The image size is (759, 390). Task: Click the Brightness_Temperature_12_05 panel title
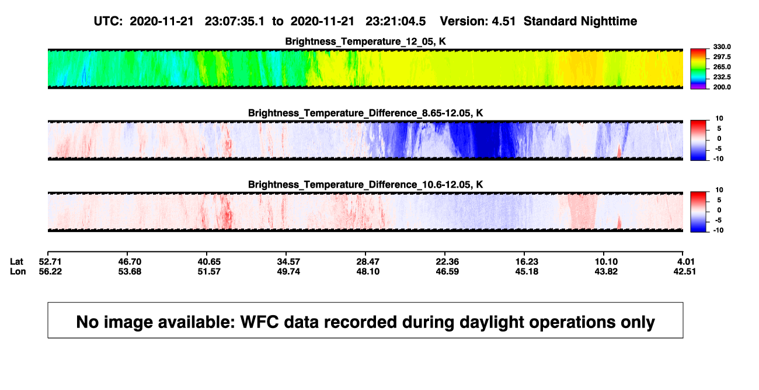tap(365, 42)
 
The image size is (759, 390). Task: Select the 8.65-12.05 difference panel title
tap(365, 113)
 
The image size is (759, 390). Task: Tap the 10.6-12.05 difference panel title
tap(365, 185)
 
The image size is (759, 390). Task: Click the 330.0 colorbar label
tap(722, 47)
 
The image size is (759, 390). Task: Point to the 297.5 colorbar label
tap(722, 57)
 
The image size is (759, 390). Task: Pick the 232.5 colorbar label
tap(722, 77)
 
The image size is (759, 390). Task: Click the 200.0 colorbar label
tap(722, 87)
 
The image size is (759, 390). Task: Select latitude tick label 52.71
tap(50, 262)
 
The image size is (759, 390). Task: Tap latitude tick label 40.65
tap(209, 262)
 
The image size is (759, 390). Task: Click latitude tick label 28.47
tap(368, 262)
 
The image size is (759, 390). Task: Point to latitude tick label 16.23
tap(527, 262)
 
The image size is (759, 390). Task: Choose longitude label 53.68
tap(130, 271)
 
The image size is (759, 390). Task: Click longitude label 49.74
tap(288, 271)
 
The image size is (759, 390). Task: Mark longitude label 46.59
tap(447, 271)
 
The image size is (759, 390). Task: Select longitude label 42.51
tap(684, 271)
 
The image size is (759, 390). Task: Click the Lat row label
tap(16, 262)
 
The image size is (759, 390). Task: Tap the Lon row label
tap(18, 271)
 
